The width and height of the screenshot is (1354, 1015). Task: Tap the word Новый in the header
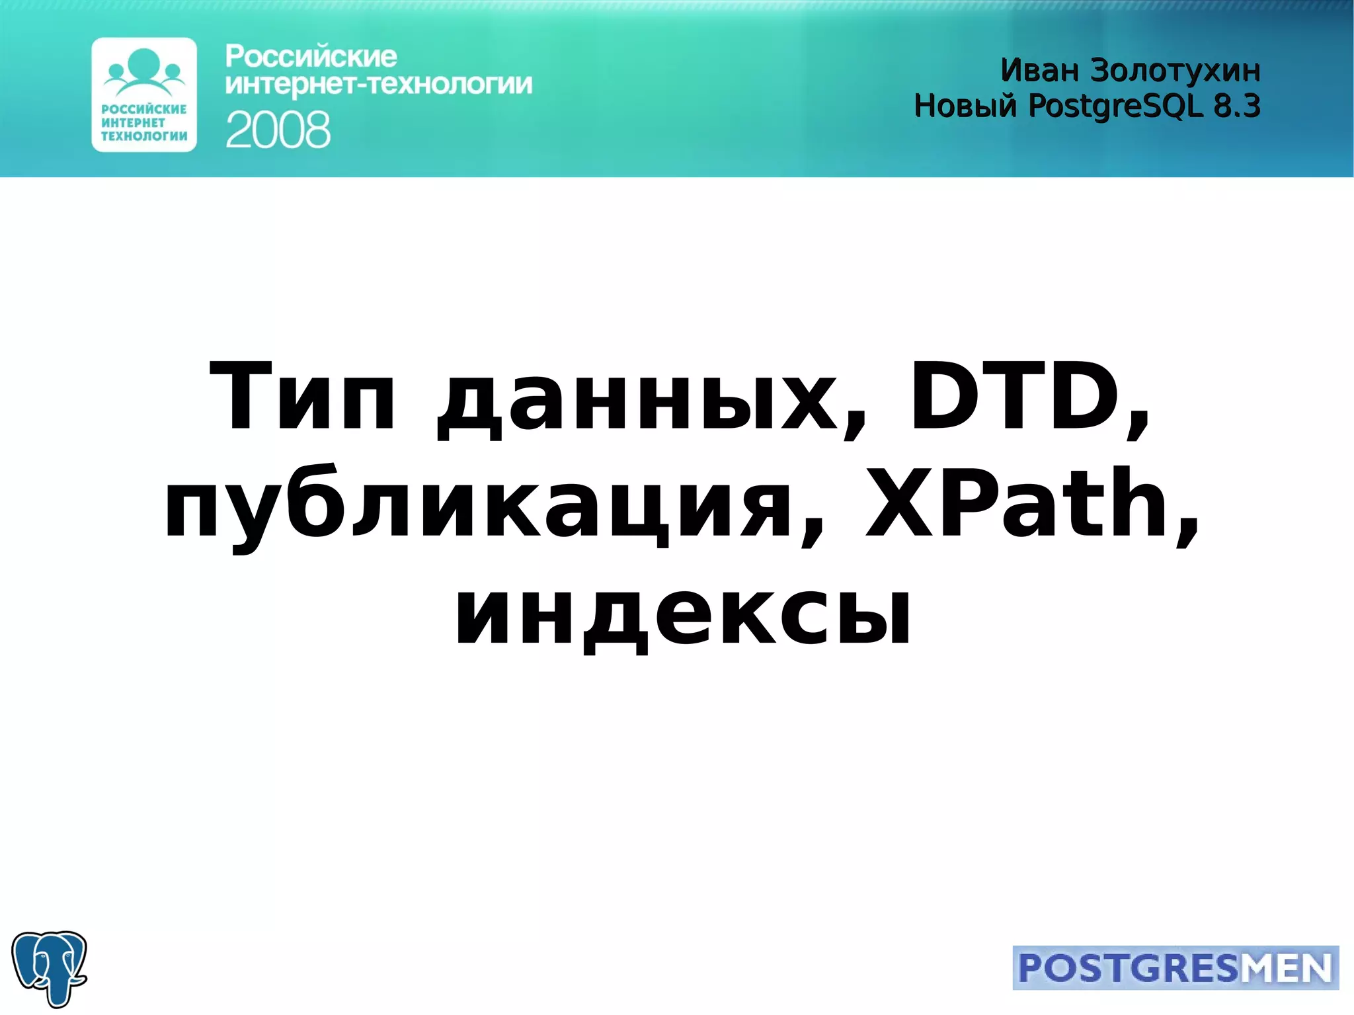(x=965, y=106)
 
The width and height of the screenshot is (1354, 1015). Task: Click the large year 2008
(x=278, y=130)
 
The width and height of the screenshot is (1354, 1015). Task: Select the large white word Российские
(x=311, y=57)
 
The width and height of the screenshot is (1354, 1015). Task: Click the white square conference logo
(x=144, y=95)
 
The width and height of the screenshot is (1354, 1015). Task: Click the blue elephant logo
(x=50, y=968)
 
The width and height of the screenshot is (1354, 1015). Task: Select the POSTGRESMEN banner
(x=1175, y=968)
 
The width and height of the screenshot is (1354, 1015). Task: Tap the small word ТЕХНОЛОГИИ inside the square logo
(x=144, y=136)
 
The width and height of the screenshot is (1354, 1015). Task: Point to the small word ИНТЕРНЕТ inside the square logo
(x=133, y=122)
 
